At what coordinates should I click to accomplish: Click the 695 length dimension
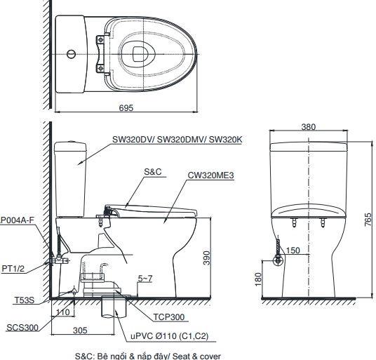126,107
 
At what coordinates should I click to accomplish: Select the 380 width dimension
308,127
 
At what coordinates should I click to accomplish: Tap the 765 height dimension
368,219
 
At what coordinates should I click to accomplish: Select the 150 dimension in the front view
293,251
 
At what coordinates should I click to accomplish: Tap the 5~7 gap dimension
145,279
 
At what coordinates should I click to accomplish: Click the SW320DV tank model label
177,140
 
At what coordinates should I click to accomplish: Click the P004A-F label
17,220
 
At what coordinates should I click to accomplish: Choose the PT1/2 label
14,267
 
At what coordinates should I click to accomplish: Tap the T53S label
24,300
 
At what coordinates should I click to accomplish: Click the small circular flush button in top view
69,53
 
